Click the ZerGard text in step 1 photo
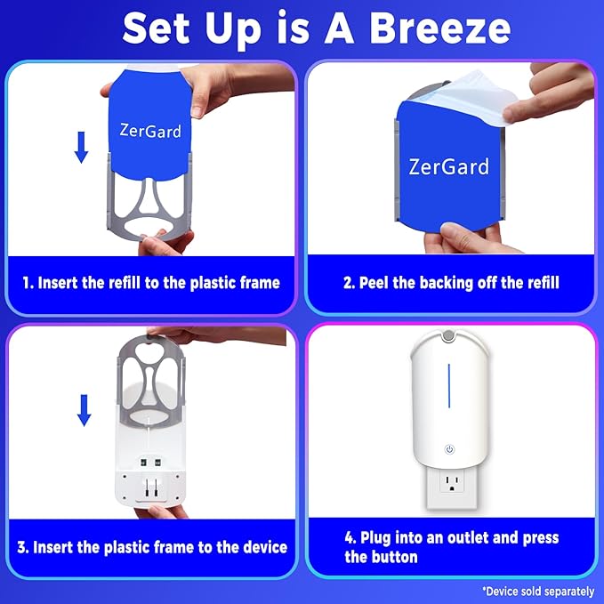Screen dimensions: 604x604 tap(150, 131)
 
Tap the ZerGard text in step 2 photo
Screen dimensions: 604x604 tap(448, 165)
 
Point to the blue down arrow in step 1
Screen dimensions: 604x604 tap(81, 146)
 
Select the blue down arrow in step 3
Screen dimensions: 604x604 tap(85, 408)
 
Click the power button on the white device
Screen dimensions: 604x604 tap(450, 449)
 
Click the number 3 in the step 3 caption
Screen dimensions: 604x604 tap(20, 546)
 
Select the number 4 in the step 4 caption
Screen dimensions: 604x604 tap(349, 538)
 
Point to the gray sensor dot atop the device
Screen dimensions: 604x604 tap(451, 337)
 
